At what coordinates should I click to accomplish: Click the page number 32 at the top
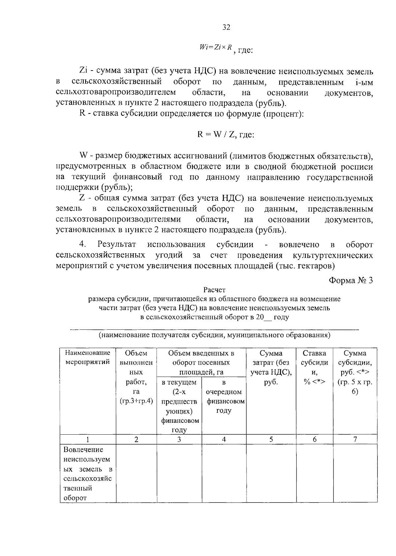(x=226, y=27)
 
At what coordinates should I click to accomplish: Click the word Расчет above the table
(x=214, y=290)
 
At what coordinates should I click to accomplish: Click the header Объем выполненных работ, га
(x=136, y=377)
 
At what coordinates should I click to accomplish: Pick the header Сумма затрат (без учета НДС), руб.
(x=271, y=367)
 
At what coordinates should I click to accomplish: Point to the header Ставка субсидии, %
(x=314, y=367)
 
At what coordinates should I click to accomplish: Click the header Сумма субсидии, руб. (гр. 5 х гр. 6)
(x=355, y=372)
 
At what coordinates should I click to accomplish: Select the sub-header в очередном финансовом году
(x=224, y=396)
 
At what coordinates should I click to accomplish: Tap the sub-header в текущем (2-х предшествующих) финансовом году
(x=179, y=406)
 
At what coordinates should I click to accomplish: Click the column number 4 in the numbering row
(x=224, y=439)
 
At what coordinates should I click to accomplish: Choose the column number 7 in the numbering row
(x=355, y=439)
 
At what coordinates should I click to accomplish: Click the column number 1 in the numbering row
(x=88, y=439)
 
